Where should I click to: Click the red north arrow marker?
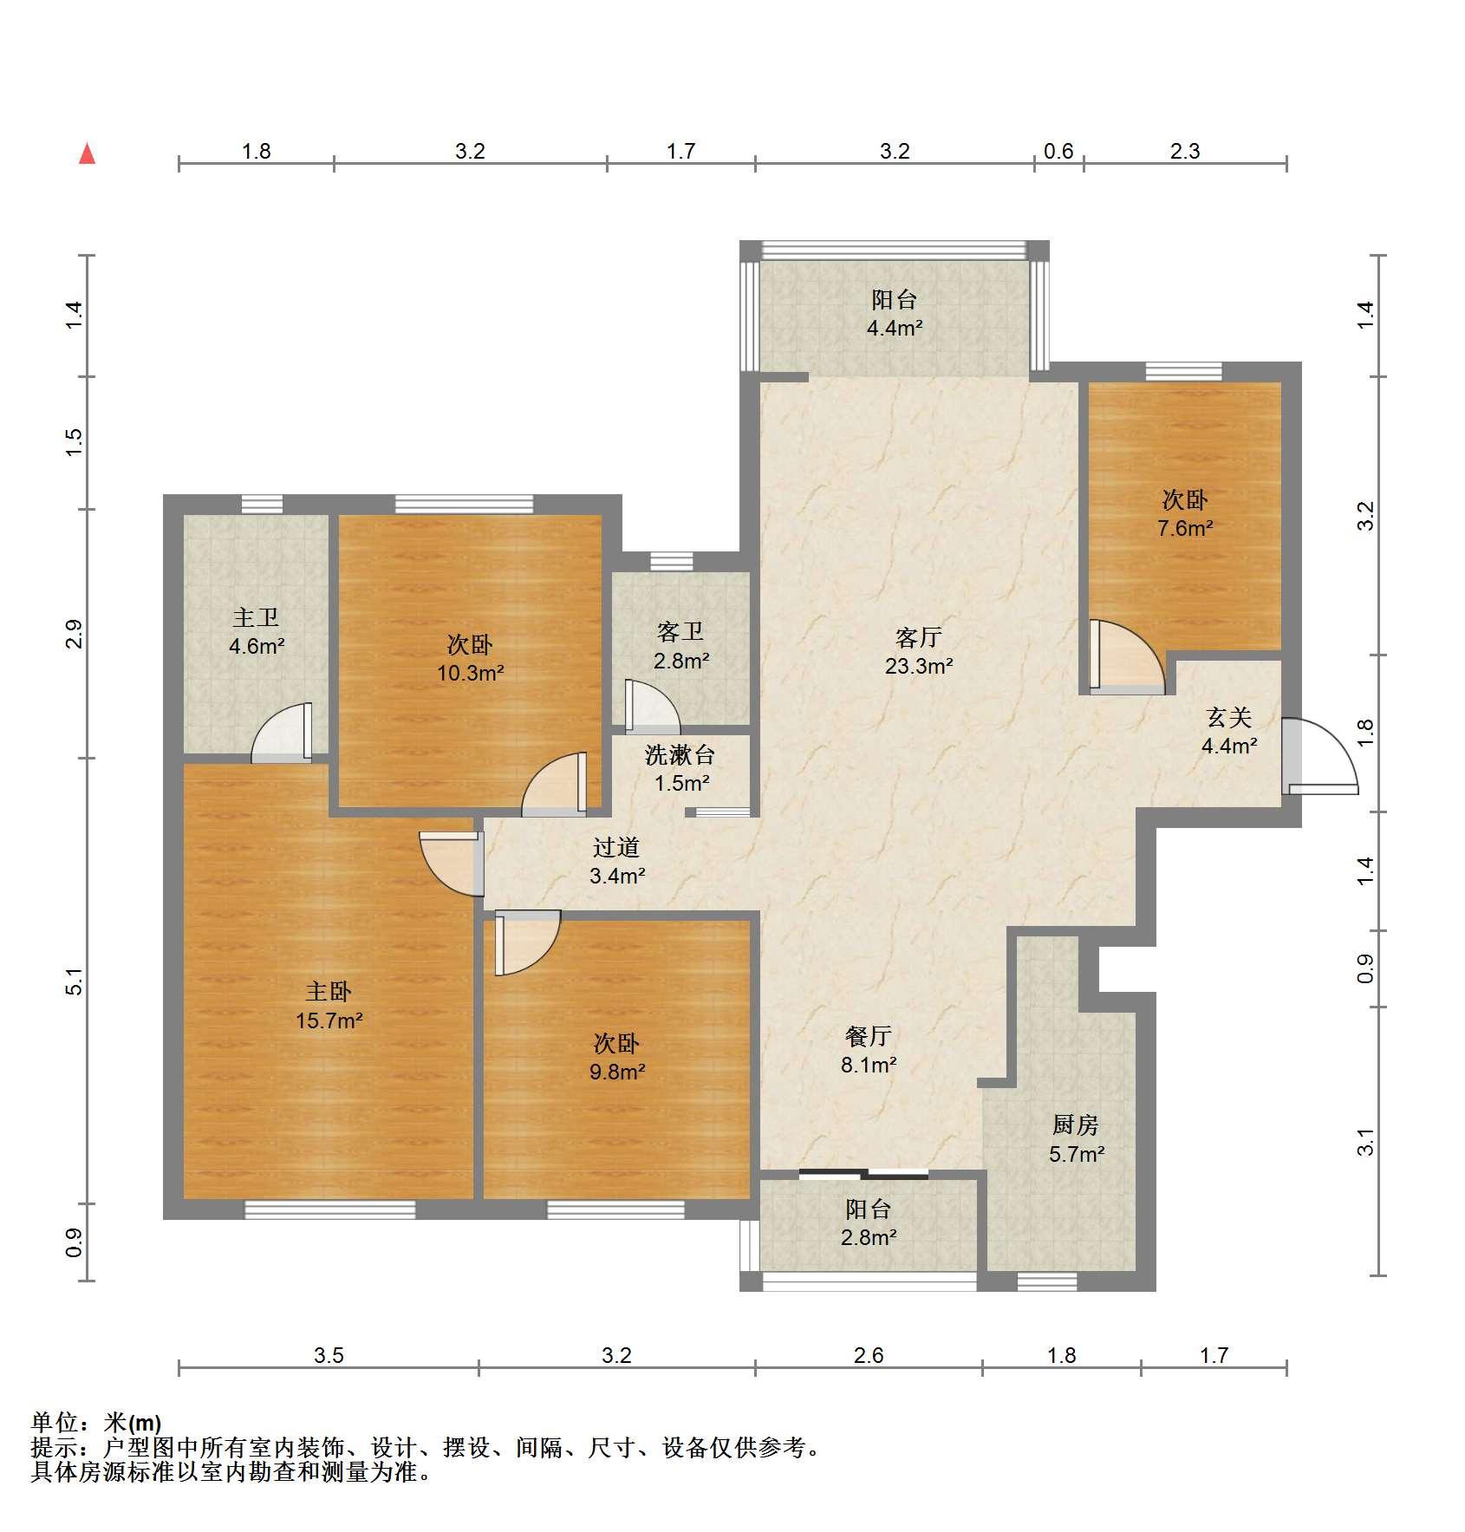[x=87, y=153]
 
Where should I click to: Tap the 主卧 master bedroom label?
[x=329, y=991]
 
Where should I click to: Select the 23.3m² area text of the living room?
[x=919, y=666]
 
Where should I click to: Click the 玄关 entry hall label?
[x=1229, y=717]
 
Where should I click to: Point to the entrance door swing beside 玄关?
[x=1319, y=756]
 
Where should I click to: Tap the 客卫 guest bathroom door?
[x=652, y=703]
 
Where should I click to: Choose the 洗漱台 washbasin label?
[x=680, y=754]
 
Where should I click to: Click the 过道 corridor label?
[x=616, y=847]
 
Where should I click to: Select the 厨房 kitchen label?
[x=1076, y=1125]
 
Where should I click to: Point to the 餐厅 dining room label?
[x=868, y=1036]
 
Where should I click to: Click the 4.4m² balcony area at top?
[x=895, y=329]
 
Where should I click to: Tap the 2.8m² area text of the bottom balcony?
[x=868, y=1237]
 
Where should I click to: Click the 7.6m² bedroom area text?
[x=1185, y=527]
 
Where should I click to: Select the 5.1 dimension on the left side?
[x=75, y=981]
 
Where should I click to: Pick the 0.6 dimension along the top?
[x=1058, y=151]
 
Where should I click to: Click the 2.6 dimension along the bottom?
[x=869, y=1355]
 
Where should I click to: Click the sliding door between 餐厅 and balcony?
[x=863, y=1175]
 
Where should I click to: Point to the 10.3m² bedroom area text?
[x=471, y=673]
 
